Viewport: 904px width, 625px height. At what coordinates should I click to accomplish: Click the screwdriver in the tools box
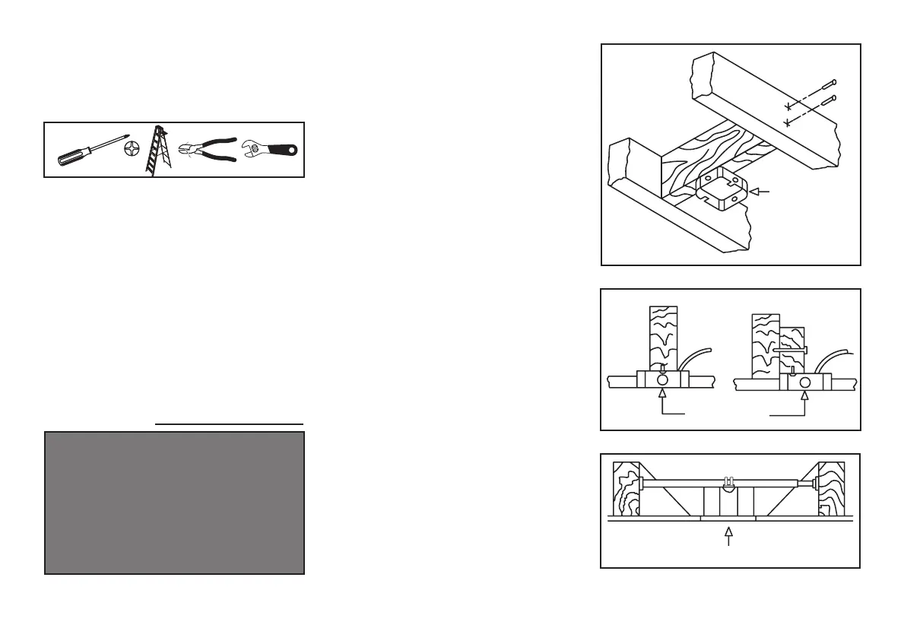click(90, 151)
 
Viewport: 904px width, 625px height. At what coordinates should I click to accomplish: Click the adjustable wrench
click(270, 149)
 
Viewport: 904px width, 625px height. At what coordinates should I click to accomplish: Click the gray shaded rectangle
click(175, 503)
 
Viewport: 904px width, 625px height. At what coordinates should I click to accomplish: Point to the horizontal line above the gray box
click(229, 423)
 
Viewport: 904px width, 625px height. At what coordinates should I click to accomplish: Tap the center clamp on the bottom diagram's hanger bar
click(728, 484)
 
